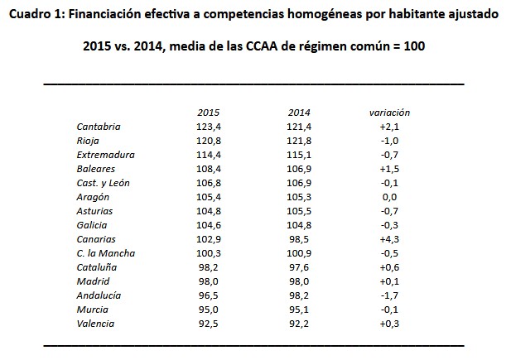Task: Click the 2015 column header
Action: [209, 113]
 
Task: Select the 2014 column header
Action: [298, 113]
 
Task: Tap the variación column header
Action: [389, 113]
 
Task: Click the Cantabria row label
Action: [99, 127]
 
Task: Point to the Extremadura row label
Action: [105, 155]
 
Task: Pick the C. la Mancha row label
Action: [105, 253]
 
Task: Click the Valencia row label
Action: [95, 324]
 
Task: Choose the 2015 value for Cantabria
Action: [209, 127]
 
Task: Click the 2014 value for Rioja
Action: [298, 141]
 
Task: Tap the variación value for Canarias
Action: [389, 239]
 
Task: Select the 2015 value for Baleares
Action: [209, 169]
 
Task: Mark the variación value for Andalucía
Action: [389, 295]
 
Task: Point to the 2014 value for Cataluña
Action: [298, 267]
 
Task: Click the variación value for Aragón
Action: [389, 197]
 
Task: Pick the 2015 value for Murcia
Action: [209, 310]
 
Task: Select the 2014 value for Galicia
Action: [298, 225]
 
